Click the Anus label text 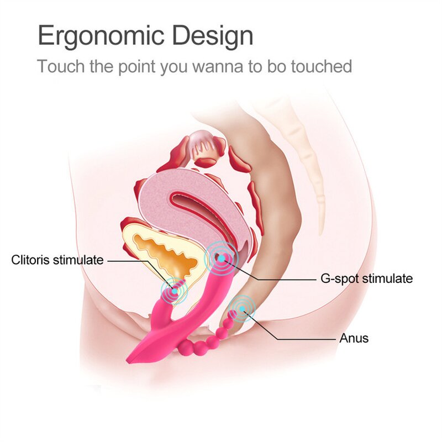coord(354,338)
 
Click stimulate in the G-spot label coord(389,278)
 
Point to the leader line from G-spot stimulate coord(276,278)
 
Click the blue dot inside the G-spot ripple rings coord(220,257)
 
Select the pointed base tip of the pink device coord(130,359)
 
